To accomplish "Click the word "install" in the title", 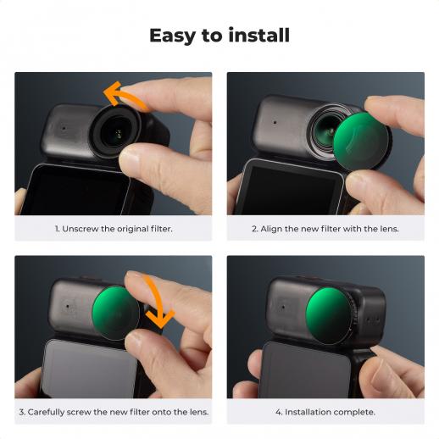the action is [x=259, y=36].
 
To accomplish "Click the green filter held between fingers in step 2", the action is [x=360, y=141].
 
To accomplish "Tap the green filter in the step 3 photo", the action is [x=115, y=313].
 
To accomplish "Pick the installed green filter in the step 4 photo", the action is [x=328, y=315].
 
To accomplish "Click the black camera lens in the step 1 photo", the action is [x=115, y=131].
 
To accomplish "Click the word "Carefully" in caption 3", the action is [x=46, y=412].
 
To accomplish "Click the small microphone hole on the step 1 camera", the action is [x=64, y=128].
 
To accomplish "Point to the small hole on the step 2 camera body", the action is [x=275, y=122].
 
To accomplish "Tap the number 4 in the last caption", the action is [x=279, y=412].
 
